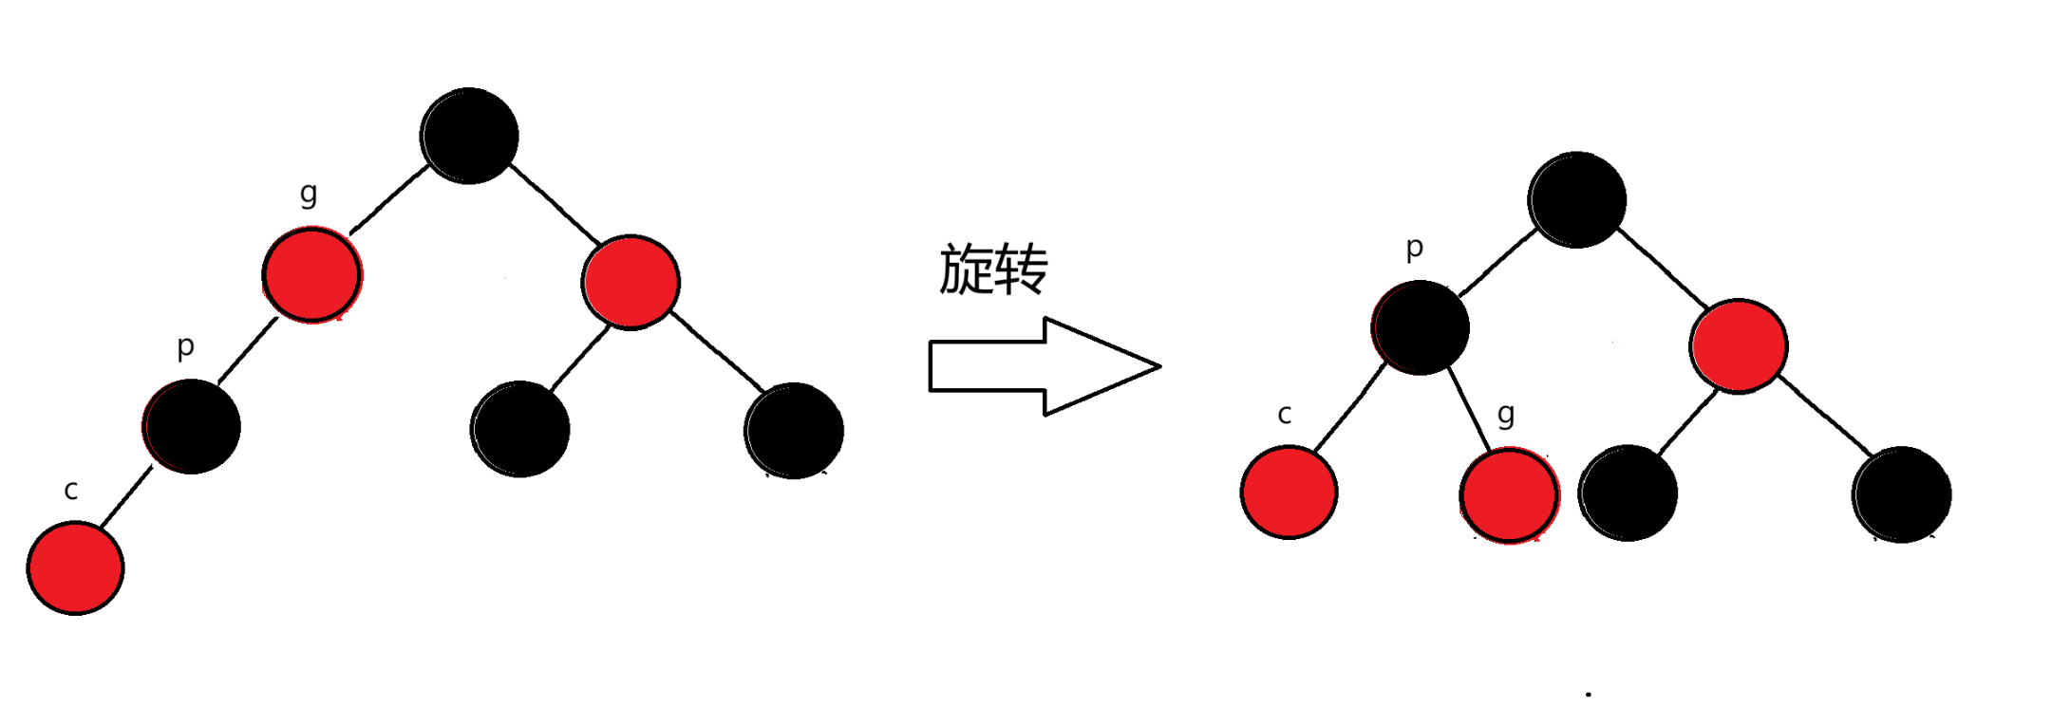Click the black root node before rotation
coord(469,136)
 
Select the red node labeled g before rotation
coord(311,275)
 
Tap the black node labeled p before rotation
coord(192,426)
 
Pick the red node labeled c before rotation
coord(75,567)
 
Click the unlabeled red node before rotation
coord(631,282)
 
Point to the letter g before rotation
coord(309,195)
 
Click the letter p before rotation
coord(186,347)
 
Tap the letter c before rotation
coord(70,491)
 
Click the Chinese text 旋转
coord(993,270)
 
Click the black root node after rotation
coord(1576,199)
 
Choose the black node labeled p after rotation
coord(1421,327)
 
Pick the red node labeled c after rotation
coord(1289,493)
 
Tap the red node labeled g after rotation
coord(1509,495)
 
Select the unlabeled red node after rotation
coord(1738,345)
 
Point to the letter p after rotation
coord(1415,249)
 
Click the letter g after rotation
coord(1506,415)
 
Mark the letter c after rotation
coord(1285,415)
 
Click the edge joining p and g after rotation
coord(1469,410)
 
